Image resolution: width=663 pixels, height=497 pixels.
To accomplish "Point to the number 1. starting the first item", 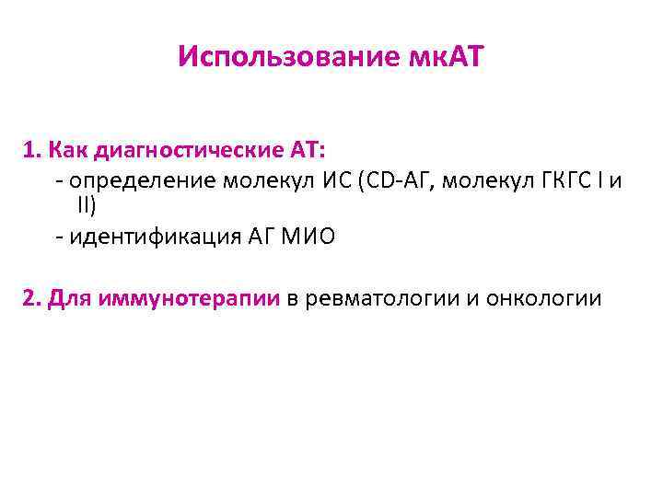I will point(32,148).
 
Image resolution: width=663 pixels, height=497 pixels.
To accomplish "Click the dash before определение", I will point(59,179).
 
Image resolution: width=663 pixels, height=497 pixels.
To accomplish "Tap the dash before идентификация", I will point(59,238).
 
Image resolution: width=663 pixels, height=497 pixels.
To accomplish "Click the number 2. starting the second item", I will point(33,298).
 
